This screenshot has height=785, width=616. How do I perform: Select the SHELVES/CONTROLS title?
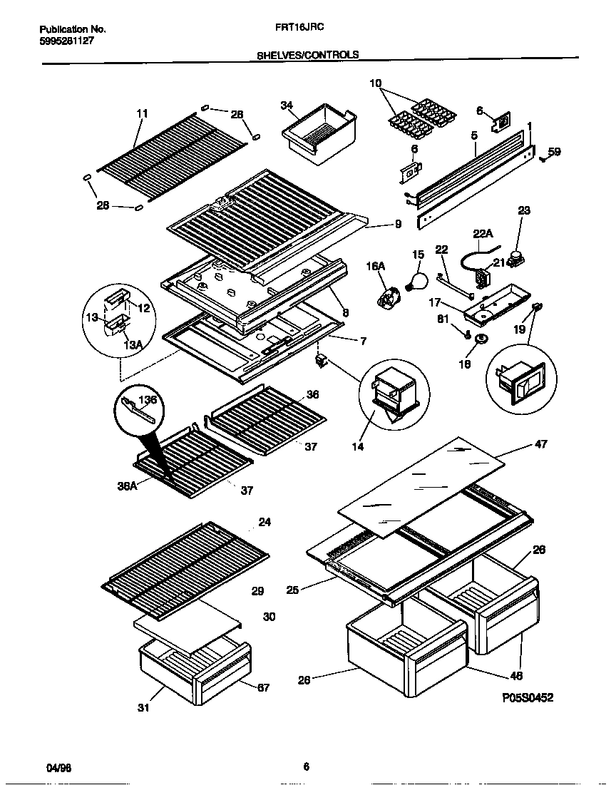coord(307,54)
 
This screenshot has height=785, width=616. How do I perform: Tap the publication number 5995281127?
coord(66,41)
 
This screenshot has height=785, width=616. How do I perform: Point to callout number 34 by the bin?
coord(287,106)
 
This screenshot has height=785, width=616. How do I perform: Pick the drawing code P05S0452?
coord(527,697)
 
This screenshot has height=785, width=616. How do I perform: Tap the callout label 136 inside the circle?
coord(148,400)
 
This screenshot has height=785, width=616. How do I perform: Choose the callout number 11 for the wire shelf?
coord(142,113)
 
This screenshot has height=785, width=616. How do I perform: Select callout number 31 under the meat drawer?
coord(143,708)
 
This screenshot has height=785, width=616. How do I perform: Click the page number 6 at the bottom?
coord(306,767)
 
